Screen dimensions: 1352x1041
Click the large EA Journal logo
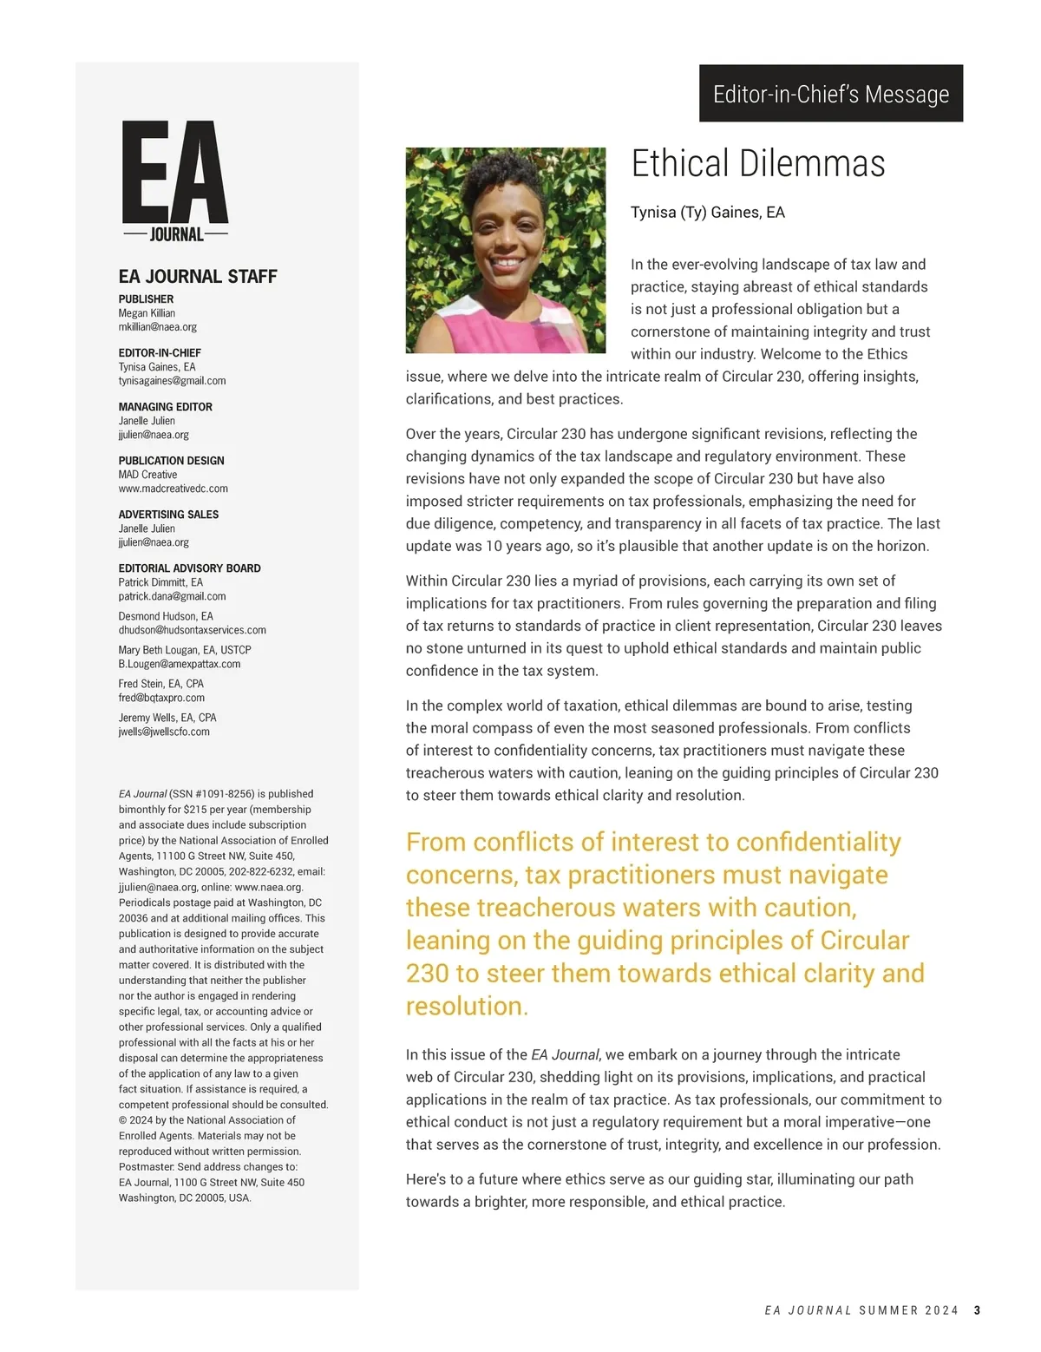174,180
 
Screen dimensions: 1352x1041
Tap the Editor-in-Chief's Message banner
830,94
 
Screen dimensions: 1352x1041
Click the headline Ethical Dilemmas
757,164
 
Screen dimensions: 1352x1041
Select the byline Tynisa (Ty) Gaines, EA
707,213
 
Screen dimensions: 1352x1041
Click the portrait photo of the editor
505,250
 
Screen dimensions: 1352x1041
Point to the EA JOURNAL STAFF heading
198,277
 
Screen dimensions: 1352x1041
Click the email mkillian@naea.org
157,327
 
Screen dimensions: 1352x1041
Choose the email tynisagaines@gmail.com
172,381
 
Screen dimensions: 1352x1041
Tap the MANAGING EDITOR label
165,407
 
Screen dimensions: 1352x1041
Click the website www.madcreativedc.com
173,489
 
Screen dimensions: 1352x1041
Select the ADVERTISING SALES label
168,515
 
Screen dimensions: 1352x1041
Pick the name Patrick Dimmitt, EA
160,582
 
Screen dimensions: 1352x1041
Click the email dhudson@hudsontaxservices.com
192,630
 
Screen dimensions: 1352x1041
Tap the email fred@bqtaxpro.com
161,698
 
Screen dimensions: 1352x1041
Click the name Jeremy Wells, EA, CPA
167,718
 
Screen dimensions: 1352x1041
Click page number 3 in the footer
977,1310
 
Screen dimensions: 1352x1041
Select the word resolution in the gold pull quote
466,1007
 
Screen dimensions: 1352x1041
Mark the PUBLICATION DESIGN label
171,461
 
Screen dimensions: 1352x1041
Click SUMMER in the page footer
888,1310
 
